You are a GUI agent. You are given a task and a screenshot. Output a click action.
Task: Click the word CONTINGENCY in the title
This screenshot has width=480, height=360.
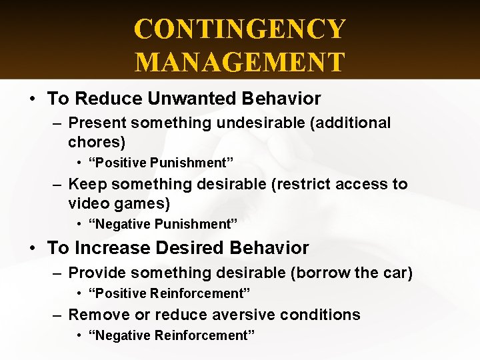pos(240,29)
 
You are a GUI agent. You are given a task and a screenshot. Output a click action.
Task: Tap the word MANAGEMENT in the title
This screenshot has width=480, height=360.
pos(240,61)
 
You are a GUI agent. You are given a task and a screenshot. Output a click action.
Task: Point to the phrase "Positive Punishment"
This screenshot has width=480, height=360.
pos(161,163)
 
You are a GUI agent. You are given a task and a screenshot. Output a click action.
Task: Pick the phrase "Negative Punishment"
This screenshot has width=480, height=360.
pos(163,225)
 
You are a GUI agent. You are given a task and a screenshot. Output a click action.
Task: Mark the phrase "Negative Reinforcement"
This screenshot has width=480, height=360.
pos(171,335)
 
